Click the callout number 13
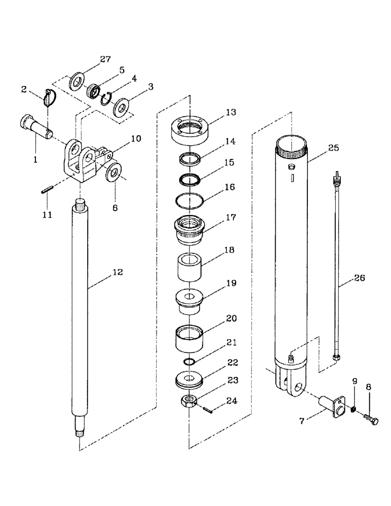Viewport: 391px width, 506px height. tap(231, 112)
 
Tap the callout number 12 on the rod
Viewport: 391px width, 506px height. tap(118, 272)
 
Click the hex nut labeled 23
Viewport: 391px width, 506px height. tap(188, 402)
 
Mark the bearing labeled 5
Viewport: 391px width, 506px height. tap(92, 92)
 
